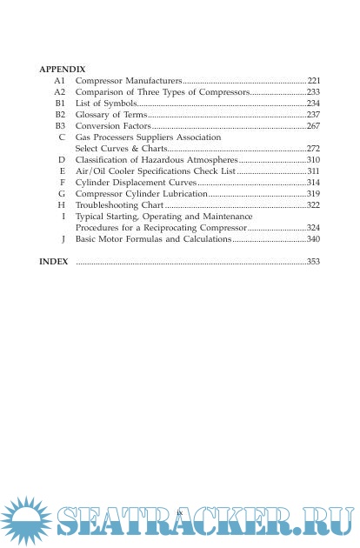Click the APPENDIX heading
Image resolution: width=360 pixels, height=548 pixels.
click(x=63, y=67)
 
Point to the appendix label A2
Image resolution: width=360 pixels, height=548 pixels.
click(x=60, y=91)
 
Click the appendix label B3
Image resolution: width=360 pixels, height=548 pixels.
click(x=60, y=126)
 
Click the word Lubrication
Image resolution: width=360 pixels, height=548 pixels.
click(x=183, y=193)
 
